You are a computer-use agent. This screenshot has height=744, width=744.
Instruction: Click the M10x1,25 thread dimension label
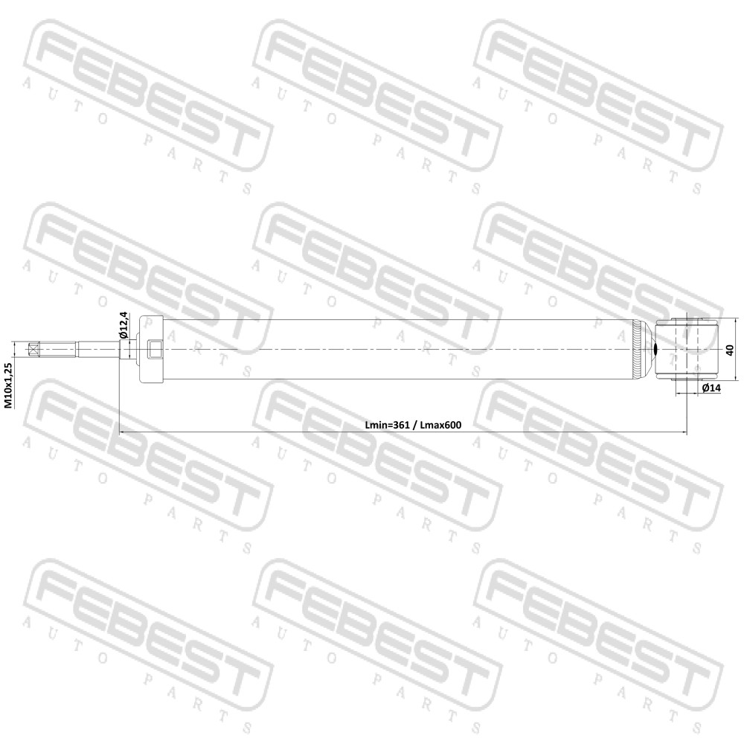coord(8,385)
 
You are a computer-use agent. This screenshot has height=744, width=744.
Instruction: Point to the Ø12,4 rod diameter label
coord(123,324)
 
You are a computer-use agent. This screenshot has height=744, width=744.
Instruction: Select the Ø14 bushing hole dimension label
coord(711,388)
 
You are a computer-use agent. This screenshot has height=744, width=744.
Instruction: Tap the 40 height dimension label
coord(731,350)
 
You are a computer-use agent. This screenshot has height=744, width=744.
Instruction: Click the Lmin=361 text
coord(387,425)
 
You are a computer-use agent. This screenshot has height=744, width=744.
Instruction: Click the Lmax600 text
coord(440,425)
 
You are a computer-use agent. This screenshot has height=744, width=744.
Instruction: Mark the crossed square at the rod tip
coord(33,350)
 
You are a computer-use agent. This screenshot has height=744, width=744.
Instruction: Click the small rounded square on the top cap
coord(154,350)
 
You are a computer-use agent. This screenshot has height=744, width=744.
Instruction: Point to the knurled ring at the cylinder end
coord(636,350)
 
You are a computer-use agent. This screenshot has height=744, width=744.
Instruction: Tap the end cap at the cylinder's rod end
coord(151,350)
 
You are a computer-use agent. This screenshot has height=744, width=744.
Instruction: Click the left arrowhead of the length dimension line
coord(121,432)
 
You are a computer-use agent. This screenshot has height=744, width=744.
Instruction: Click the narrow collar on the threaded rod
coord(75,350)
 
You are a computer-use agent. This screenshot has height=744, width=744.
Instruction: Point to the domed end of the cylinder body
coord(645,350)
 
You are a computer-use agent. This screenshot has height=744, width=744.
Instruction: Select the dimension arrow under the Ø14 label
coord(686,394)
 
